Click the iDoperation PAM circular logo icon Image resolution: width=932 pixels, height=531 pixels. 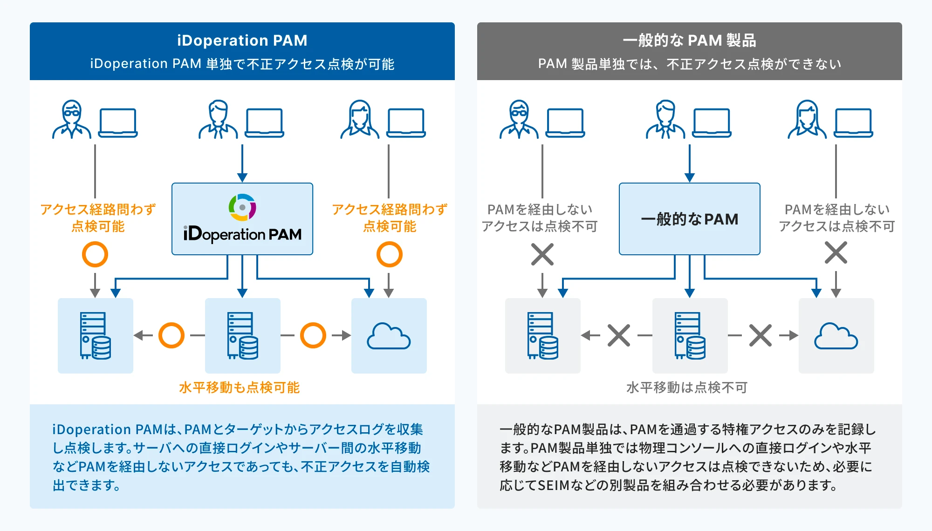242,207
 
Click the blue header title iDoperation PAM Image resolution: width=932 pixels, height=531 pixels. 242,41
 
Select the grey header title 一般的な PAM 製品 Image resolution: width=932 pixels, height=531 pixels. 689,41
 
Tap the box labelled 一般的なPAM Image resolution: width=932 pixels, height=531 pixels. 689,219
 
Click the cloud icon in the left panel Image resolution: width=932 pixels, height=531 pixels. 389,336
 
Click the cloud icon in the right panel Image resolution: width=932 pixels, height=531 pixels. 836,336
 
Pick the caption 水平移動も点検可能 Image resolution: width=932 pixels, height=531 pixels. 239,388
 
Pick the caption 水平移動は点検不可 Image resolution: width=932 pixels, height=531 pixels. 686,388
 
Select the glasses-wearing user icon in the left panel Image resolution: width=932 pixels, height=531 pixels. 71,120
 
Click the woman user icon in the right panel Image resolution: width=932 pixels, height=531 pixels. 807,120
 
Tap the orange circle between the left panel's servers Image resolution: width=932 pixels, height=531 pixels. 171,335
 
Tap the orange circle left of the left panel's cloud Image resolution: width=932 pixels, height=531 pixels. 313,335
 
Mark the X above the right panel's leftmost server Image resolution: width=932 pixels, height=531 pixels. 542,254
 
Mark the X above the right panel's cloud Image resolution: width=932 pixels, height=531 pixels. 836,253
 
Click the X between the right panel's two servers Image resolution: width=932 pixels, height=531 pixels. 618,335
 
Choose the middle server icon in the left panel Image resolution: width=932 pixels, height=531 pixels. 242,335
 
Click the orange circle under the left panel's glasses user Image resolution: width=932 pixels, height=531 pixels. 95,254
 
